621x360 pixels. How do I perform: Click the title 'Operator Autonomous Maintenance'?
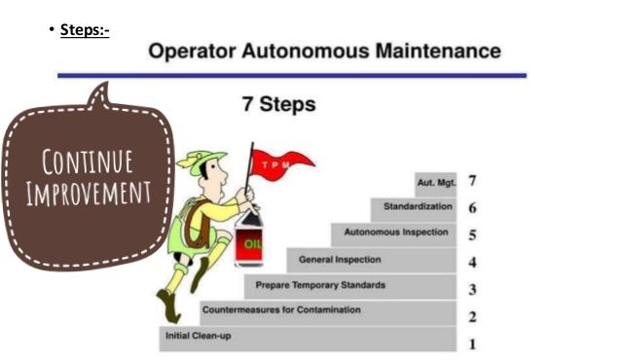(325, 51)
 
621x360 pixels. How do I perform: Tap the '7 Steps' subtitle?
(279, 104)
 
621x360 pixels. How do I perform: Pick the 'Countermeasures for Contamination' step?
(280, 310)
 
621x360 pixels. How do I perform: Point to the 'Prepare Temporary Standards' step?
(320, 285)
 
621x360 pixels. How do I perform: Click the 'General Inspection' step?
(340, 260)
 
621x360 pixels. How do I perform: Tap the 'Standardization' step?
(418, 207)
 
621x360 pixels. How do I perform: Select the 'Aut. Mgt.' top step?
(436, 182)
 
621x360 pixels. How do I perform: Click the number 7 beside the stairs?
(472, 181)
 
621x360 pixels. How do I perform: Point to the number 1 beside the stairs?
(472, 343)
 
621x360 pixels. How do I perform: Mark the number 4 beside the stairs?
(472, 262)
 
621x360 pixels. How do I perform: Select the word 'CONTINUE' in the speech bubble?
(88, 161)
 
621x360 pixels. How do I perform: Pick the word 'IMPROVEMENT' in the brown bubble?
(88, 192)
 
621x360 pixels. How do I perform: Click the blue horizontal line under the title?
(292, 75)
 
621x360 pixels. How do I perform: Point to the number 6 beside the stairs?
(472, 208)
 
